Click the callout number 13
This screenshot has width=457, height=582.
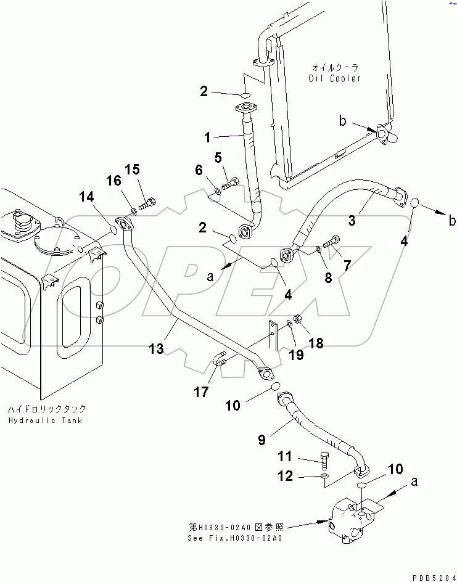pos(156,349)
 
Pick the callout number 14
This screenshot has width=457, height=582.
pos(86,197)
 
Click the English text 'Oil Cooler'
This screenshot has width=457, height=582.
pos(335,78)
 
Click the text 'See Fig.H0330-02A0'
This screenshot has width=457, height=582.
pos(235,538)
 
